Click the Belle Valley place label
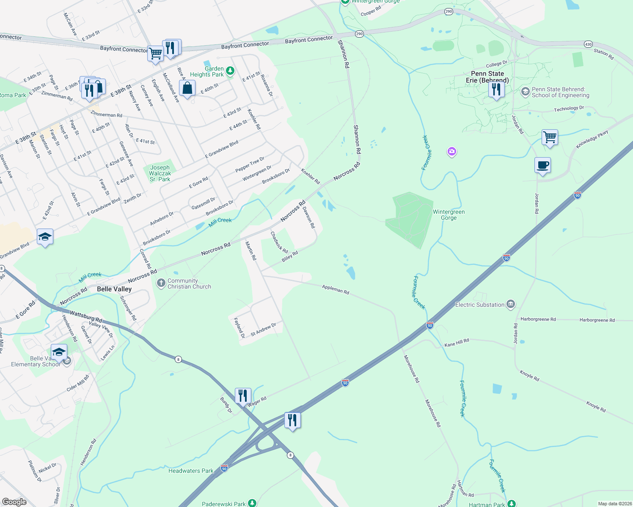[x=114, y=289]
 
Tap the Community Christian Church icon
[x=161, y=283]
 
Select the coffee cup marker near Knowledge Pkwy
[x=542, y=165]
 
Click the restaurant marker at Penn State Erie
[x=496, y=90]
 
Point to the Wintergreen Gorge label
[x=449, y=215]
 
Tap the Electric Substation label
[x=480, y=305]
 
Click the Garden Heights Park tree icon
[x=230, y=71]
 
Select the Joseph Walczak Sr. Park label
[x=160, y=173]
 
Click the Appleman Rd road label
[x=336, y=289]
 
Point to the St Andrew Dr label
[x=263, y=330]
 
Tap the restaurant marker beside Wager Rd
[x=243, y=396]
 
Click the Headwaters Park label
[x=191, y=471]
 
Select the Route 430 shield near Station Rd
[x=588, y=44]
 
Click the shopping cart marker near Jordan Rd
[x=550, y=137]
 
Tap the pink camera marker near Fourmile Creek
[x=452, y=151]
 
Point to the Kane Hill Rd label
[x=457, y=343]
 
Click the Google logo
[x=14, y=502]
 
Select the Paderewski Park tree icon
[x=252, y=503]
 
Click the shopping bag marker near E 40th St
[x=187, y=88]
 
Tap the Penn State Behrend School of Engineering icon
[x=525, y=92]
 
